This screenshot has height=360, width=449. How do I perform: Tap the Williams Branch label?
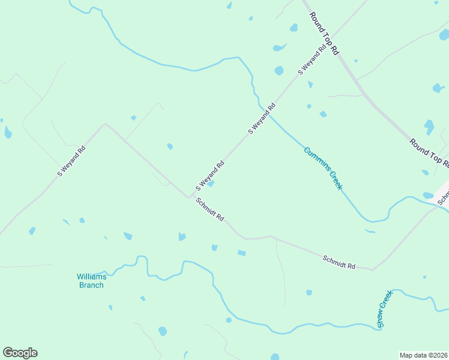click(91, 281)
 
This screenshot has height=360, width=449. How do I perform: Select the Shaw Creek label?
click(384, 309)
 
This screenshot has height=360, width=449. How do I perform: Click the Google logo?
click(20, 353)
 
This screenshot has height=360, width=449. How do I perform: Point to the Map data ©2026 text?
click(423, 355)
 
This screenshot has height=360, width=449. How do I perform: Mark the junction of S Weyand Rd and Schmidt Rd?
click(190, 197)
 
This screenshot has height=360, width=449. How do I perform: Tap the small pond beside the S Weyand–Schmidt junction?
click(210, 184)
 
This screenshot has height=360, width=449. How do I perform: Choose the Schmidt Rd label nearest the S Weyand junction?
click(209, 210)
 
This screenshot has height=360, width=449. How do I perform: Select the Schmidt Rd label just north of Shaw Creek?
click(339, 262)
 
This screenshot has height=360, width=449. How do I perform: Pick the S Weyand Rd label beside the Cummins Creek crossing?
click(262, 119)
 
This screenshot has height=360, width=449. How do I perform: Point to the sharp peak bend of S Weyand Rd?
click(106, 124)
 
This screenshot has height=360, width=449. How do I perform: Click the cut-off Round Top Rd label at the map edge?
click(429, 152)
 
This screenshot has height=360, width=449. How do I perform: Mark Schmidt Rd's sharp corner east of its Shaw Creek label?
click(372, 269)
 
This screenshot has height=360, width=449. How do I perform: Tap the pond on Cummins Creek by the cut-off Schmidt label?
click(428, 196)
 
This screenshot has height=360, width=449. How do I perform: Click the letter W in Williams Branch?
click(80, 277)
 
